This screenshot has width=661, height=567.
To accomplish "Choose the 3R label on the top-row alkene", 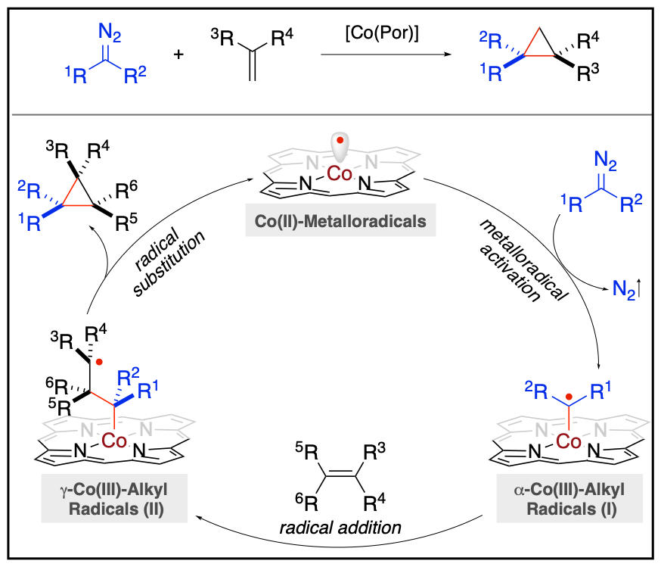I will pos(222,37).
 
